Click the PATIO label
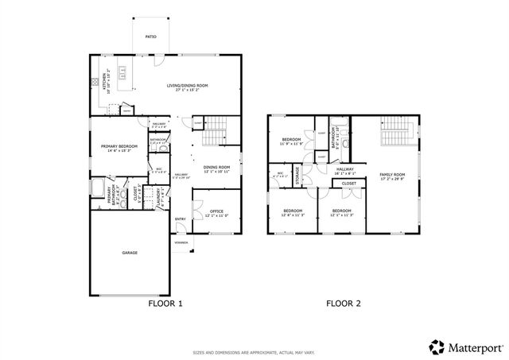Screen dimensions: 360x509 point(150,37)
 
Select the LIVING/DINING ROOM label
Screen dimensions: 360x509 point(188,87)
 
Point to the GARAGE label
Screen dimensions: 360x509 point(129,253)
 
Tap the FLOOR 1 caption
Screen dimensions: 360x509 point(165,304)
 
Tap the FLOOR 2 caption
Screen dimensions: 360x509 point(344,304)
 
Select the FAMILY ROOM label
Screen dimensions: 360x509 point(391,176)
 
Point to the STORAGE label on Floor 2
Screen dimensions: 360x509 point(297,175)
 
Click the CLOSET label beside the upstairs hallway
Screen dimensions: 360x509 point(349,183)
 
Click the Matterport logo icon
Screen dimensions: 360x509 point(436,346)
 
